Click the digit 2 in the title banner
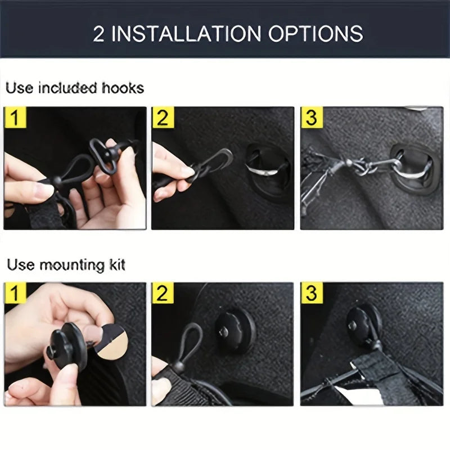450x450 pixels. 99,33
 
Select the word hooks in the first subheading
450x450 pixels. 123,88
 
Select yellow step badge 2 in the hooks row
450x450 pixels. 163,118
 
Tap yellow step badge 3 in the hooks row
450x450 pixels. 311,118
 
